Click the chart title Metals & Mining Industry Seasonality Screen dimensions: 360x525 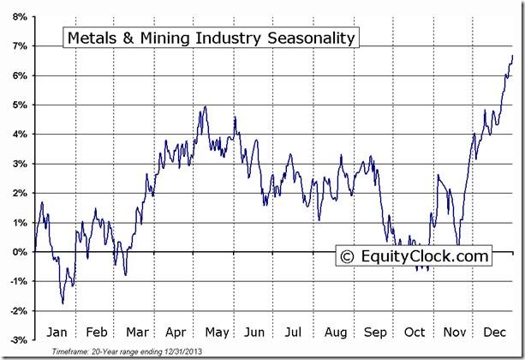[x=210, y=39]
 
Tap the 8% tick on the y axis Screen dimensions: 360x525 [x=19, y=16]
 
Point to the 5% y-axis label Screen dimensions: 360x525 [x=19, y=105]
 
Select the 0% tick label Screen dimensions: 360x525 [x=19, y=252]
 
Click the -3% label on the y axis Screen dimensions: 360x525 [x=17, y=340]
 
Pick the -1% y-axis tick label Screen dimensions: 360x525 [x=17, y=281]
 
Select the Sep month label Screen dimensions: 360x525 [x=376, y=331]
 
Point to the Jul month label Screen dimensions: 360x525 [x=294, y=331]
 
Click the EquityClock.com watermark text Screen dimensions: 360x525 [x=425, y=255]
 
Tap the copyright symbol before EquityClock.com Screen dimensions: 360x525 [x=348, y=255]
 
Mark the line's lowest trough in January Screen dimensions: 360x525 [x=63, y=303]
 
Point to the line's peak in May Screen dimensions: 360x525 [x=205, y=107]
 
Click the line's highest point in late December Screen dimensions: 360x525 [x=512, y=56]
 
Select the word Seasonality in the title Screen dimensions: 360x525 [x=309, y=39]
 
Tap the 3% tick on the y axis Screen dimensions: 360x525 [x=19, y=164]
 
